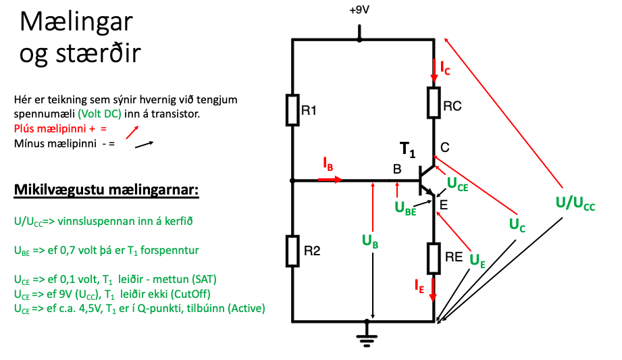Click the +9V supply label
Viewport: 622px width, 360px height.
pyautogui.click(x=359, y=11)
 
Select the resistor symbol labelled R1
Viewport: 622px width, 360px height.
pyautogui.click(x=292, y=110)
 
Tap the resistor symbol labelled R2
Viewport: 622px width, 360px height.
pyautogui.click(x=292, y=251)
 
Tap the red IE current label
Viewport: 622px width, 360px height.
pyautogui.click(x=421, y=288)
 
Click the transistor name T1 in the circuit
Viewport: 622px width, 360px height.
pyautogui.click(x=407, y=149)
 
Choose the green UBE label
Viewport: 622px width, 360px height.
pyautogui.click(x=405, y=208)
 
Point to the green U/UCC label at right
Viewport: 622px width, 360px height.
pyautogui.click(x=575, y=203)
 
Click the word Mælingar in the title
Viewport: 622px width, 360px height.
pyautogui.click(x=76, y=22)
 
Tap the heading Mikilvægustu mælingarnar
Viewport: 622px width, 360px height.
pyautogui.click(x=106, y=188)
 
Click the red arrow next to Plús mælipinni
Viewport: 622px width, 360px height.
pyautogui.click(x=133, y=130)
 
